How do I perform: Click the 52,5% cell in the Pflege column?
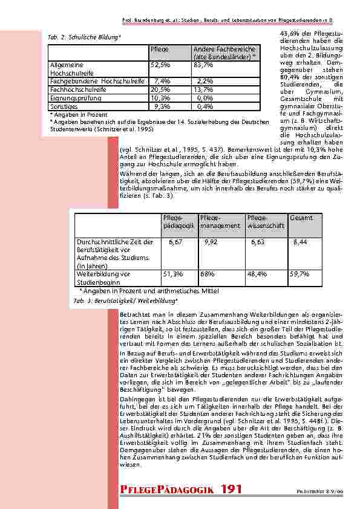tap(160, 65)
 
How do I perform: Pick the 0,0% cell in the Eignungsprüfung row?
tap(205, 97)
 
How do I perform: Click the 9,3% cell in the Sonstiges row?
tap(162, 106)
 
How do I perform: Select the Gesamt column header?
tap(301, 217)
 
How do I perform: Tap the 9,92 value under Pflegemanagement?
tap(211, 242)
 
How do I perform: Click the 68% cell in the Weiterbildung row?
tap(206, 274)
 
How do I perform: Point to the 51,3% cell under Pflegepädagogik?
tap(173, 274)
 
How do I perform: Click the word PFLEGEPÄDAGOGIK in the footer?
tap(168, 489)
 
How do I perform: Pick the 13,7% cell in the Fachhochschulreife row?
tap(205, 89)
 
